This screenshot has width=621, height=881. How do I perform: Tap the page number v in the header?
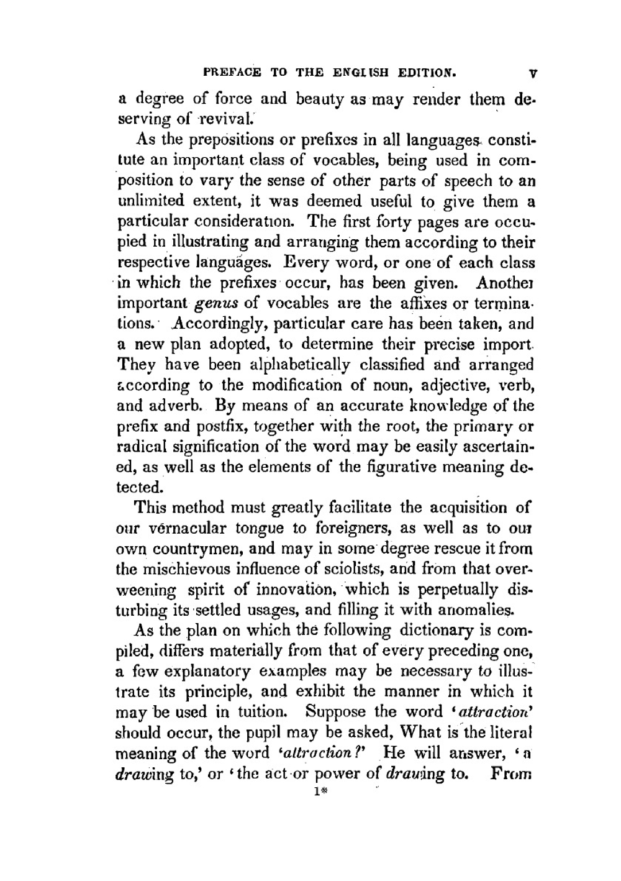[x=532, y=73]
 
